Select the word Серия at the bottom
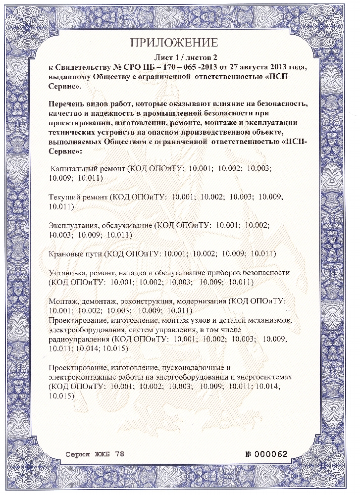(x=78, y=454)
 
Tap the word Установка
(x=68, y=273)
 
